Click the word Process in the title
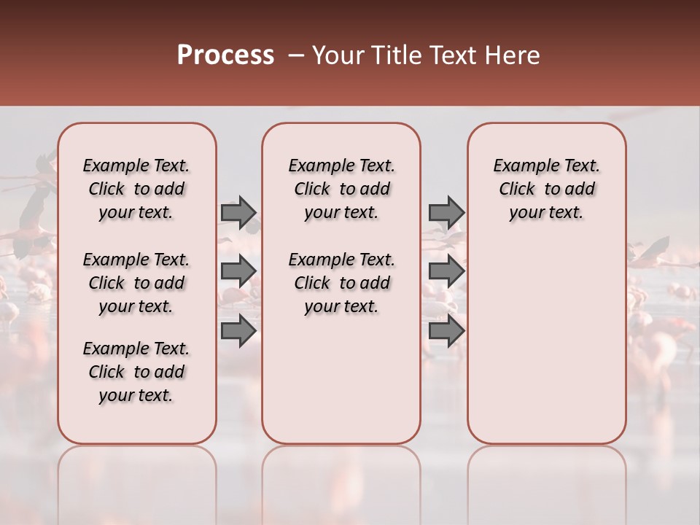click(225, 55)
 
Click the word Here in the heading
click(513, 55)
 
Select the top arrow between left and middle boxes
click(238, 213)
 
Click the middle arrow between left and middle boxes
click(238, 271)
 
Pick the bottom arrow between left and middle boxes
click(238, 332)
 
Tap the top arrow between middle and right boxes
click(446, 213)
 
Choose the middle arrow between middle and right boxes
click(446, 271)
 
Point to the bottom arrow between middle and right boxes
click(446, 332)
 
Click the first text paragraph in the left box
click(136, 189)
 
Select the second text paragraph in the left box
click(136, 283)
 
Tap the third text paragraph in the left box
click(136, 372)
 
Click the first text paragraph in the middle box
click(341, 189)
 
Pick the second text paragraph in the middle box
click(341, 283)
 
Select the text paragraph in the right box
click(547, 189)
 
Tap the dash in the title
click(295, 55)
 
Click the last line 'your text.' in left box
click(136, 395)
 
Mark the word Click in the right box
click(517, 190)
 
